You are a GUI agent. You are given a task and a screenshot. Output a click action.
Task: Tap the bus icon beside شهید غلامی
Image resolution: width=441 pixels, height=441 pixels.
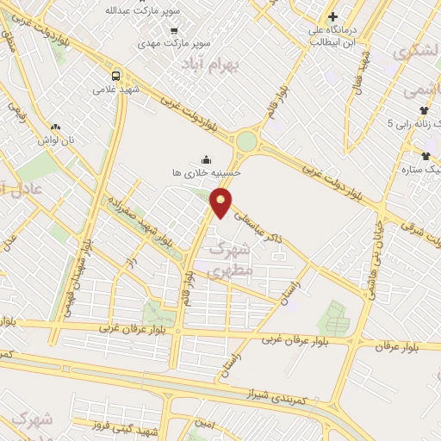point(116,74)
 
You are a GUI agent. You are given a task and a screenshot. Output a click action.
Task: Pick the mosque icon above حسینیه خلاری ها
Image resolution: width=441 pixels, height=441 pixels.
point(206,159)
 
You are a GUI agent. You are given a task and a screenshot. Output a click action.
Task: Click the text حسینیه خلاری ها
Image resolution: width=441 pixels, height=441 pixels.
point(207,173)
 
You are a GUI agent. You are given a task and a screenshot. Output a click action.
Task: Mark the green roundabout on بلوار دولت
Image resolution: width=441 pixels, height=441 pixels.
point(248,140)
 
